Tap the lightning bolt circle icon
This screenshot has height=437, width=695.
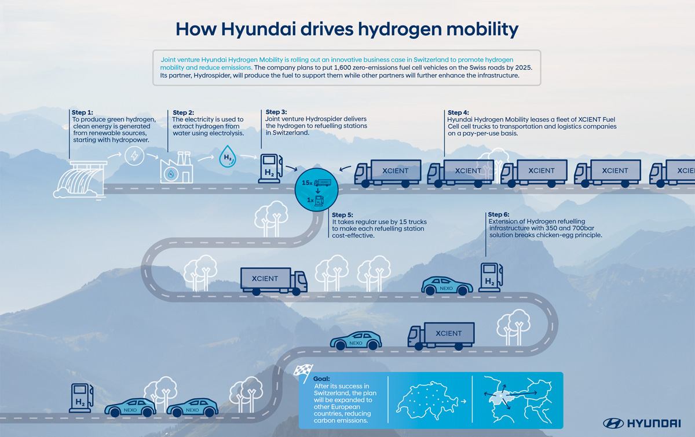coord(134,156)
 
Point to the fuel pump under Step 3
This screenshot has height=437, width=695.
coord(270,168)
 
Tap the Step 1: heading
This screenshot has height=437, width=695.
coord(82,112)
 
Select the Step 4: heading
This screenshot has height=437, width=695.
coord(459,112)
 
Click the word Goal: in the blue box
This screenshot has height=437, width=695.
coord(321,378)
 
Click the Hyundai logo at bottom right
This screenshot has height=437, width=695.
coord(643,423)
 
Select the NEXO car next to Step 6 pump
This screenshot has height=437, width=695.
coord(447,285)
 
